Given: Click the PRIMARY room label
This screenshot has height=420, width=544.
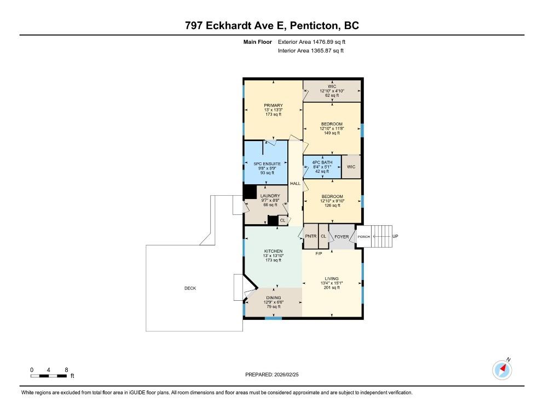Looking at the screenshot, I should point(273,106).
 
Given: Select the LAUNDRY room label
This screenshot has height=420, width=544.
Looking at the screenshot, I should point(270,196).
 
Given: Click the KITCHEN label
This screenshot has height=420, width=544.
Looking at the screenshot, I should point(273,251).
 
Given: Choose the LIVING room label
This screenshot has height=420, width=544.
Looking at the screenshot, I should point(332,278).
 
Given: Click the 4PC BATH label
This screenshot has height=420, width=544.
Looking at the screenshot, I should point(322,162).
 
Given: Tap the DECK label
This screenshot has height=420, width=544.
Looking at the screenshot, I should point(190,288).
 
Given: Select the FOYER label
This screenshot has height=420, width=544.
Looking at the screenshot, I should point(342,237).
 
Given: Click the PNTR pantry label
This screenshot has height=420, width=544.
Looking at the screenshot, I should point(311,237).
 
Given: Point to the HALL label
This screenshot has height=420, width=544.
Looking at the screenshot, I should point(295,184).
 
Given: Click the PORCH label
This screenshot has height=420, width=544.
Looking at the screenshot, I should point(364,237).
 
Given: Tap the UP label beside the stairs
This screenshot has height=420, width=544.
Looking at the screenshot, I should point(395,237).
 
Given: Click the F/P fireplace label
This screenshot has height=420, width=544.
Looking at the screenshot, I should point(319,253).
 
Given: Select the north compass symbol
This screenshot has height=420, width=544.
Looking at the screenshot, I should point(502,369).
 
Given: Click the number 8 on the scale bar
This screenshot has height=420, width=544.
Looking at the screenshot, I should point(66,370).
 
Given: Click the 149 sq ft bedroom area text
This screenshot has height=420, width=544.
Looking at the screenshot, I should point(332,133).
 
